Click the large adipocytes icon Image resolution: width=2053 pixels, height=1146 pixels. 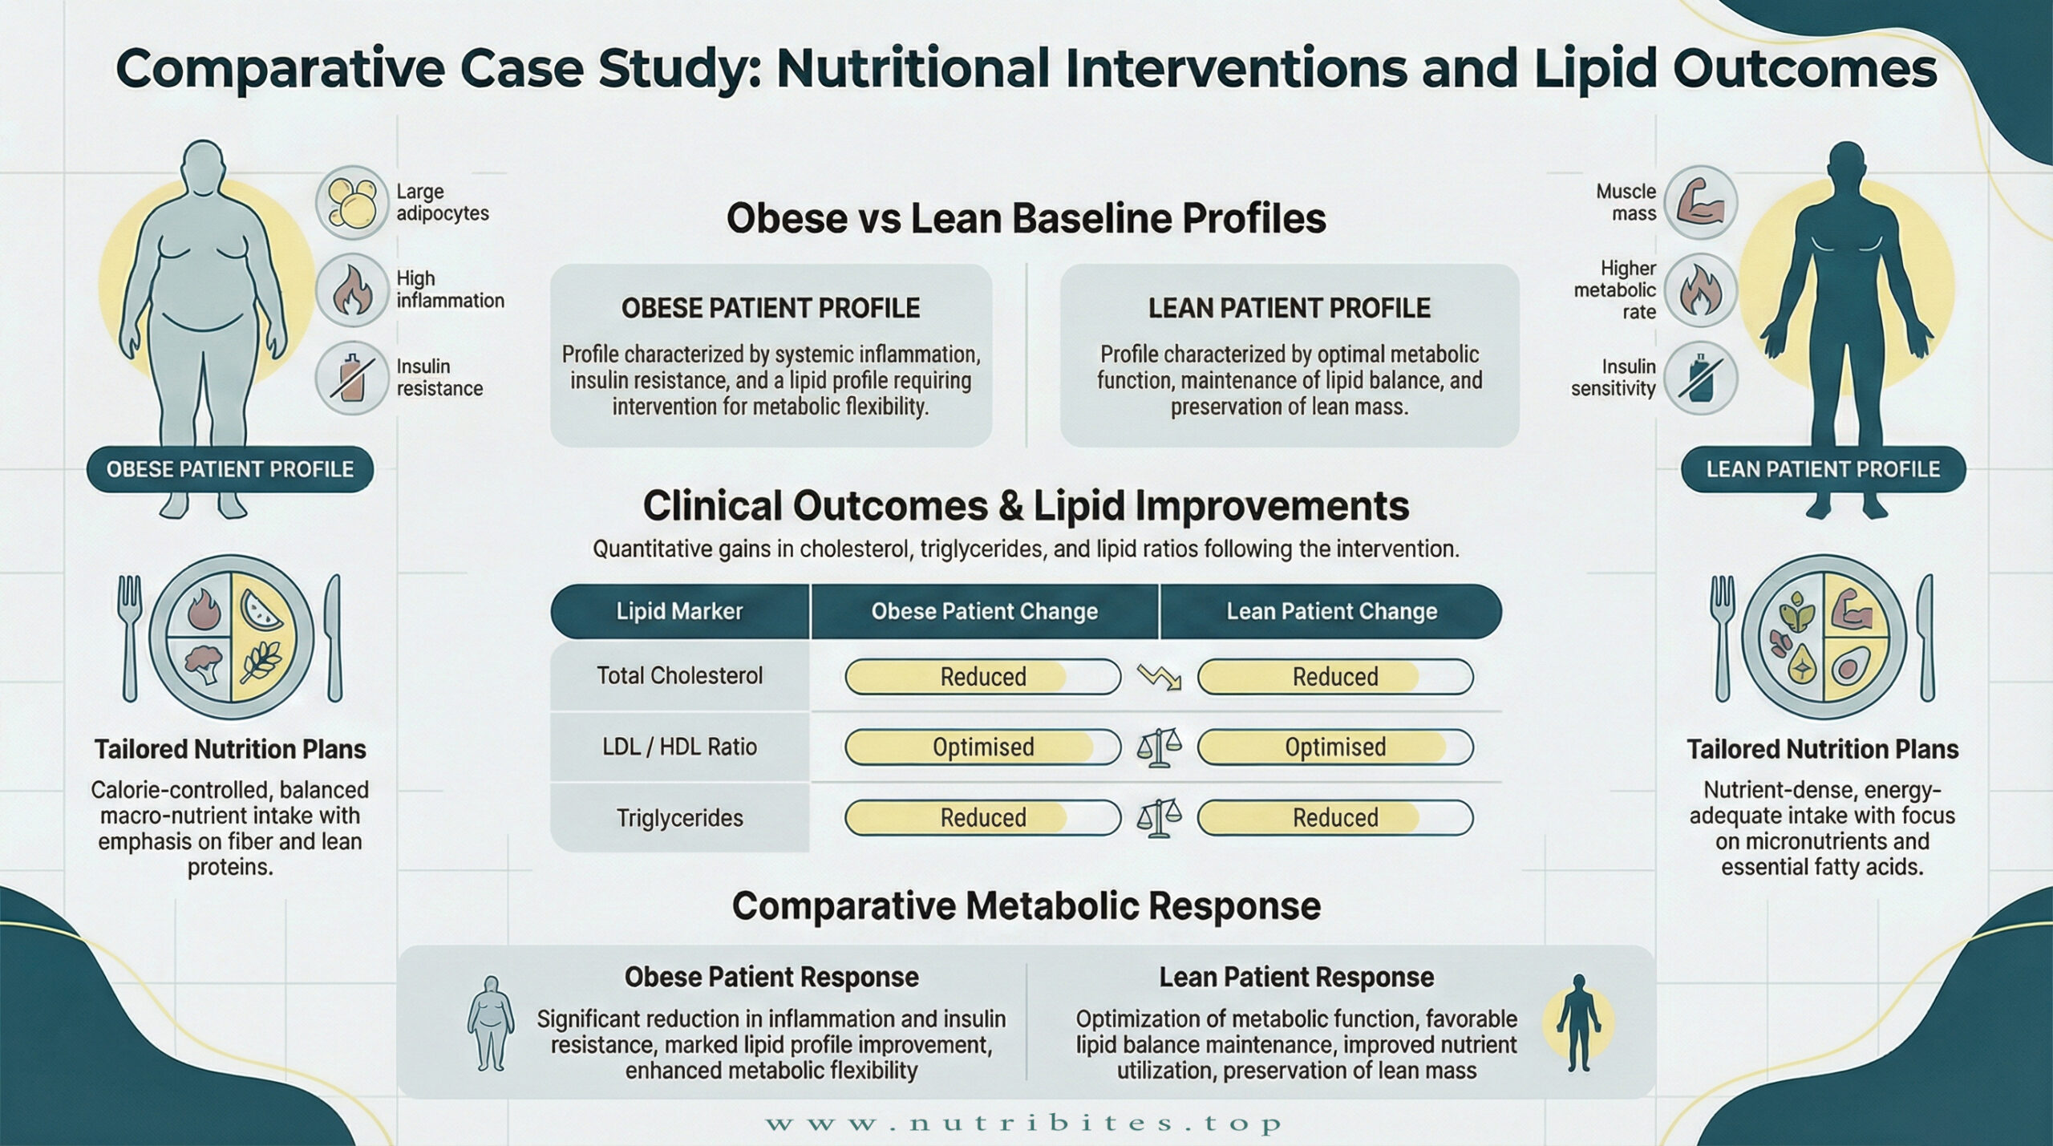click(x=352, y=202)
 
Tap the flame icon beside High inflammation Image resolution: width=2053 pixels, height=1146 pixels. click(x=352, y=290)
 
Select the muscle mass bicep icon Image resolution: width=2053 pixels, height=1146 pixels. click(x=1700, y=202)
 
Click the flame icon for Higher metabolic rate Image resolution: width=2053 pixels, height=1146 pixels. click(x=1700, y=290)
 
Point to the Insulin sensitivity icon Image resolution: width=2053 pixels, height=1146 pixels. click(x=1700, y=378)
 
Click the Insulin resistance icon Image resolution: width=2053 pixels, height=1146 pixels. click(x=352, y=378)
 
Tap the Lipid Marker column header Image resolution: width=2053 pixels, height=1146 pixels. click(x=679, y=611)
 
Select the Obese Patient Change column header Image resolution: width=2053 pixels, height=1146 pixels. click(x=984, y=611)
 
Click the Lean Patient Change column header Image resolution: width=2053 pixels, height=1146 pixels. click(x=1331, y=611)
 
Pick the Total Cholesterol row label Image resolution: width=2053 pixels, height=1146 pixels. click(x=679, y=675)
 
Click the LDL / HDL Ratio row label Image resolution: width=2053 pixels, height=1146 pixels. click(x=679, y=747)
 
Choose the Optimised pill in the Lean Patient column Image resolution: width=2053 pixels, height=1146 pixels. click(x=1335, y=747)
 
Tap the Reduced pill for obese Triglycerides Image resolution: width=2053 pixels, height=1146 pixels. click(x=982, y=817)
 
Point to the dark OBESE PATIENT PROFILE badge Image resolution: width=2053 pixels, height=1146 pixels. click(x=230, y=469)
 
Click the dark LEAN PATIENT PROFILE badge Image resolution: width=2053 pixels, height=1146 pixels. click(x=1823, y=469)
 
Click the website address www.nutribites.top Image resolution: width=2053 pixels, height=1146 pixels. click(x=1024, y=1123)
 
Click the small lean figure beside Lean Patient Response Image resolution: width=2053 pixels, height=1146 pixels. click(x=1578, y=1022)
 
